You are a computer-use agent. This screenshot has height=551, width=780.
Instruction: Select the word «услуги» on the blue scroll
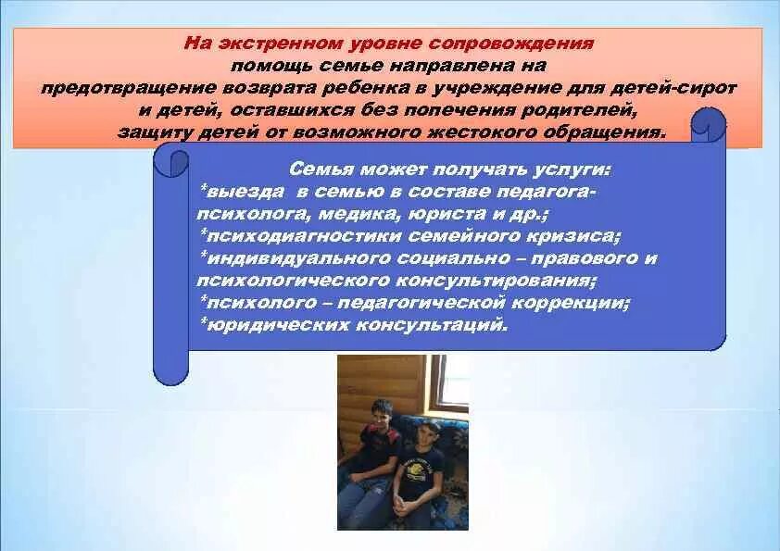pos(574,169)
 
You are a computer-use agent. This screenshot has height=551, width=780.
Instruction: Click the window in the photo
pos(453,381)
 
